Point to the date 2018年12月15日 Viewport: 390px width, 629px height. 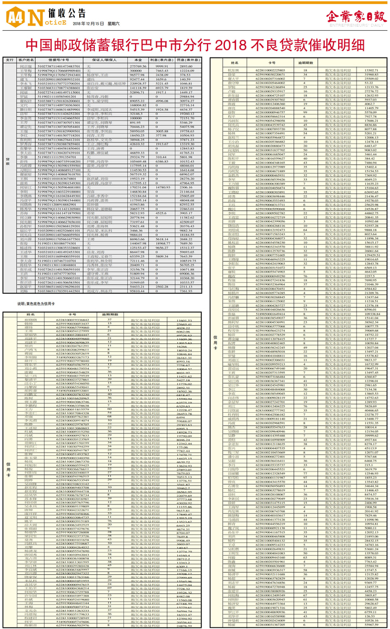tap(88, 24)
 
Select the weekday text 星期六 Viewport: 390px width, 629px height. tap(115, 24)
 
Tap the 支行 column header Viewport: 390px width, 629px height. tap(9, 60)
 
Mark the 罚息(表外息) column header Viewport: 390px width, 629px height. tap(187, 60)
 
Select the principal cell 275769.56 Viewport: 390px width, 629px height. tap(138, 66)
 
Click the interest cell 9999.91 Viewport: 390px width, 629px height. tap(162, 66)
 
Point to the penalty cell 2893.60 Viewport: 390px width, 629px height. tap(187, 66)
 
